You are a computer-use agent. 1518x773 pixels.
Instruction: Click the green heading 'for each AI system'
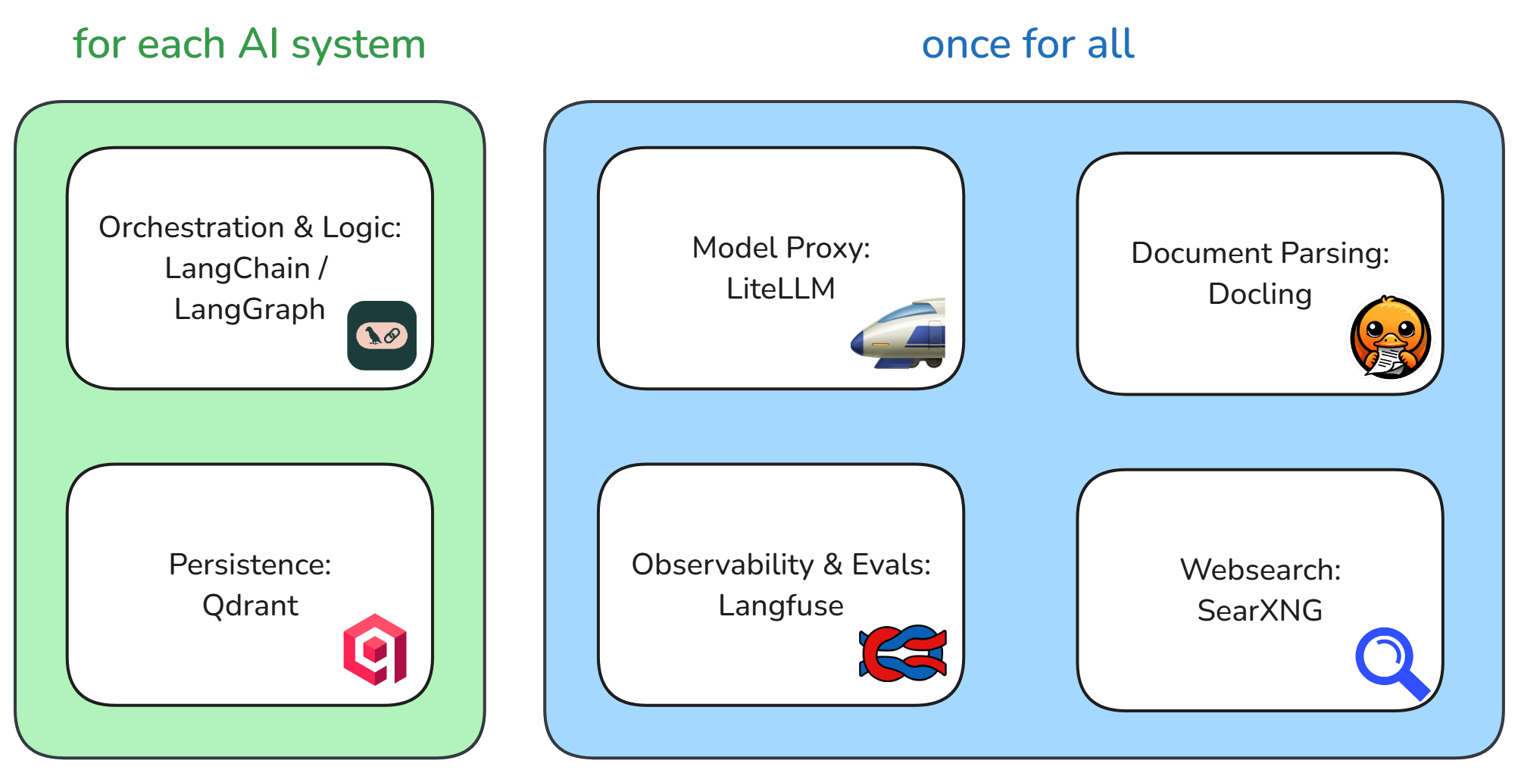(x=249, y=44)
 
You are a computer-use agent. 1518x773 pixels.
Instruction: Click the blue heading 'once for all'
(x=1028, y=44)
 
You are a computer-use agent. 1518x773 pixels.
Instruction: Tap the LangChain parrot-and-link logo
(x=382, y=335)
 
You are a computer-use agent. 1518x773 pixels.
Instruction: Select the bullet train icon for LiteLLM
(x=900, y=334)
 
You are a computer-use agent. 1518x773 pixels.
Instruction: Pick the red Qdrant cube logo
(x=375, y=649)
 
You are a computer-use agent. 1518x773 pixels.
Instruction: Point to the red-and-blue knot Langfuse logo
(x=903, y=653)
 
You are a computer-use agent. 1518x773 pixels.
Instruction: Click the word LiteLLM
(x=780, y=289)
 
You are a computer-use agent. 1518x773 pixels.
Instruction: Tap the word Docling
(x=1260, y=294)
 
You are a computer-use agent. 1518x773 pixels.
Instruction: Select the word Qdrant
(x=250, y=606)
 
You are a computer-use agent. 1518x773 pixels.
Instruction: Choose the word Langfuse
(x=780, y=606)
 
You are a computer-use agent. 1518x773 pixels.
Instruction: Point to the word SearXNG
(x=1260, y=610)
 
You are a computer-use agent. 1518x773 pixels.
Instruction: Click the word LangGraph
(x=249, y=309)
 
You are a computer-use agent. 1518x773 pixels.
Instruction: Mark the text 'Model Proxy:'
(x=780, y=248)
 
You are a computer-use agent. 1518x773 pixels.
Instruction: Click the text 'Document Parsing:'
(x=1260, y=253)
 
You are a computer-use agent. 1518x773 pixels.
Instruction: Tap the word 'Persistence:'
(x=250, y=565)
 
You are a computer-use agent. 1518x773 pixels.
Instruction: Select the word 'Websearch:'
(x=1260, y=570)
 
